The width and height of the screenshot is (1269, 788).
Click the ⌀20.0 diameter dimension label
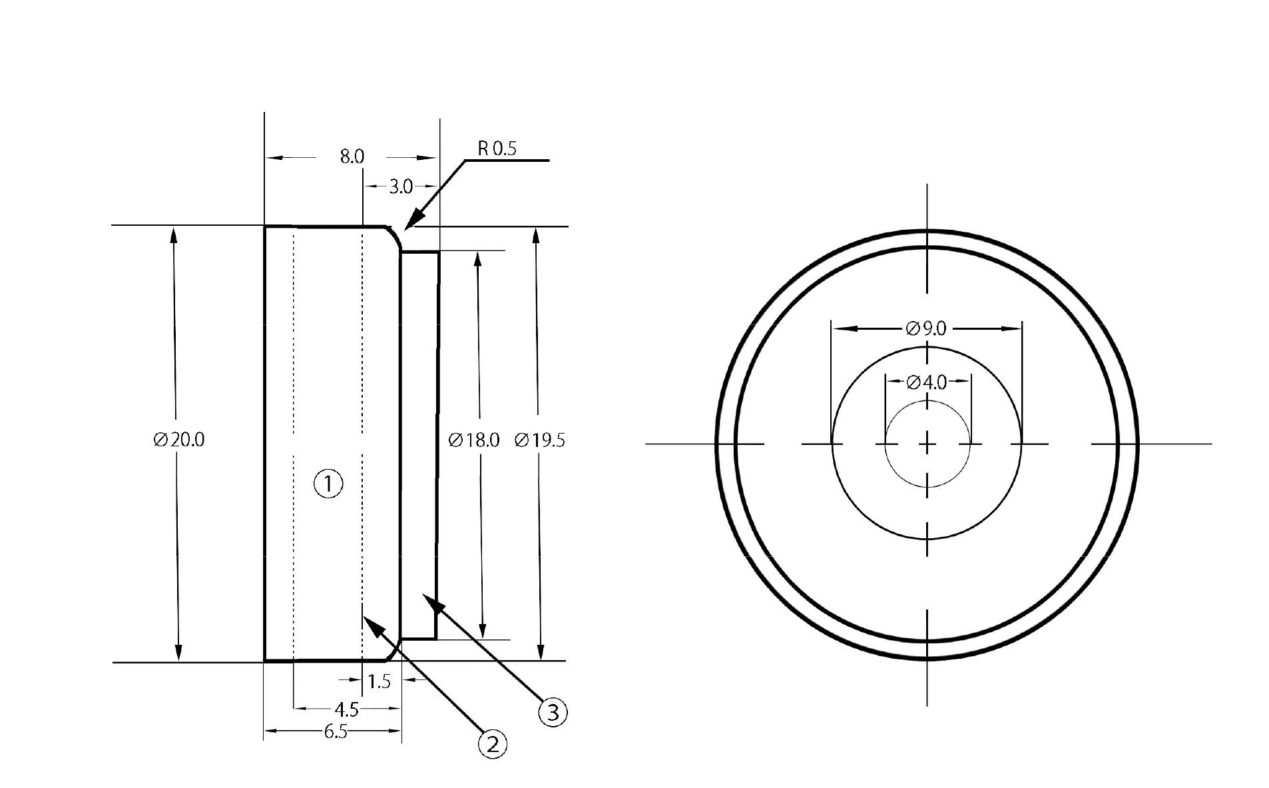point(178,440)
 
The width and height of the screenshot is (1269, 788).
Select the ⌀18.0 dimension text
point(473,440)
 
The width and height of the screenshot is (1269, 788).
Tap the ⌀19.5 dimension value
point(540,440)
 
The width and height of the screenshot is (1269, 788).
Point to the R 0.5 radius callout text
point(497,148)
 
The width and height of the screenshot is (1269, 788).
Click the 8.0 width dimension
point(352,157)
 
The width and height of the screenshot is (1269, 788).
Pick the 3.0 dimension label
point(400,187)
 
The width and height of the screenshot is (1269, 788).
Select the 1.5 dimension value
point(379,681)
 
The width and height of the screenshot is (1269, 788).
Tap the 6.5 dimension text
point(336,732)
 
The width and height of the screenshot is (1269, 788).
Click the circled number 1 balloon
point(328,484)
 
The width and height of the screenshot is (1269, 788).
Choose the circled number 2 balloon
point(493,744)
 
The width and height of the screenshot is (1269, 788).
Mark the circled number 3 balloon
point(553,712)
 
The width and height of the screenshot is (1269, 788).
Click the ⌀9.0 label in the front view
point(926,328)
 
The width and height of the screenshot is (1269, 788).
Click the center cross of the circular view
point(927,444)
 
